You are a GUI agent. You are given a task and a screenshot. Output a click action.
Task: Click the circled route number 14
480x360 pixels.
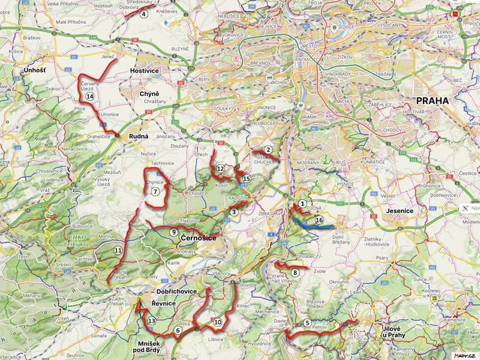pos(89,96)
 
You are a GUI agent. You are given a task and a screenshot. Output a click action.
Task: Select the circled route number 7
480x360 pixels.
pos(155,192)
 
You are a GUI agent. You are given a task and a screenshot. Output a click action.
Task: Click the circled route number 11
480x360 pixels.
pos(118,250)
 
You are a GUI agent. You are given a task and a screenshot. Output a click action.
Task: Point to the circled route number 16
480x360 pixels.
pos(319,221)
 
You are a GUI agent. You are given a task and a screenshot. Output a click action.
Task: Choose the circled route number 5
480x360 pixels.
pos(307,323)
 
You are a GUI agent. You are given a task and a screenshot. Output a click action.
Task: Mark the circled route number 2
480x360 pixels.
pos(268,150)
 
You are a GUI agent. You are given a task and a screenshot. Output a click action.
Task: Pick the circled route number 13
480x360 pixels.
pos(152,322)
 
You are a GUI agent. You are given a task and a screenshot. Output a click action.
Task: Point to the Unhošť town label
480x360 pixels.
pos(35,71)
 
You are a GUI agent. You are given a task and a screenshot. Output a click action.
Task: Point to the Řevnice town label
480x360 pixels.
pos(163,304)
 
